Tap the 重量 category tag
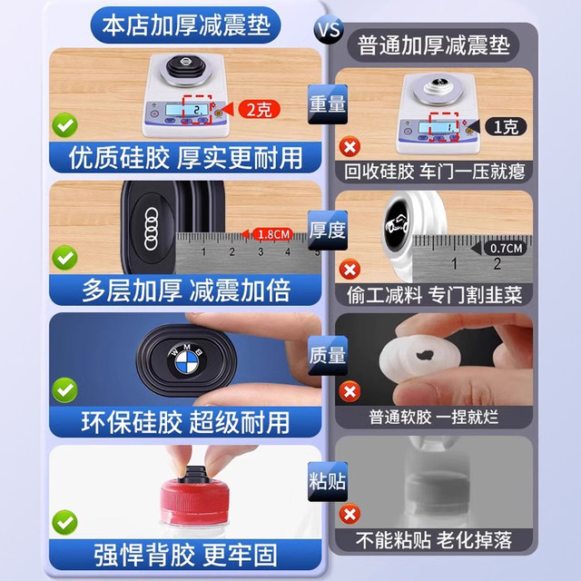click(327, 103)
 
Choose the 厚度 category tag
click(327, 230)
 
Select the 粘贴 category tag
click(327, 481)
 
